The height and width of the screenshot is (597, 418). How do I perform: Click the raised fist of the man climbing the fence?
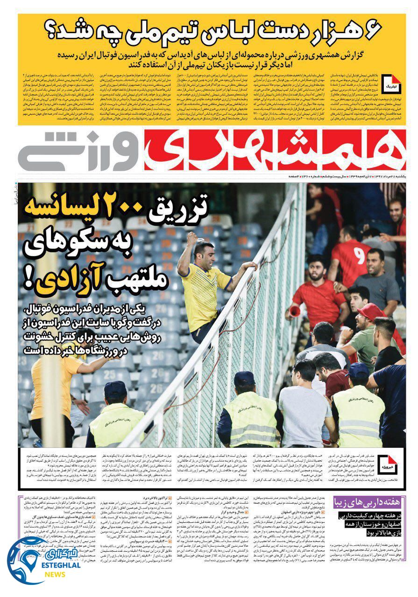pyautogui.click(x=192, y=239)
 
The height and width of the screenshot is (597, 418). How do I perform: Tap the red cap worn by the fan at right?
pyautogui.click(x=370, y=312)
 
